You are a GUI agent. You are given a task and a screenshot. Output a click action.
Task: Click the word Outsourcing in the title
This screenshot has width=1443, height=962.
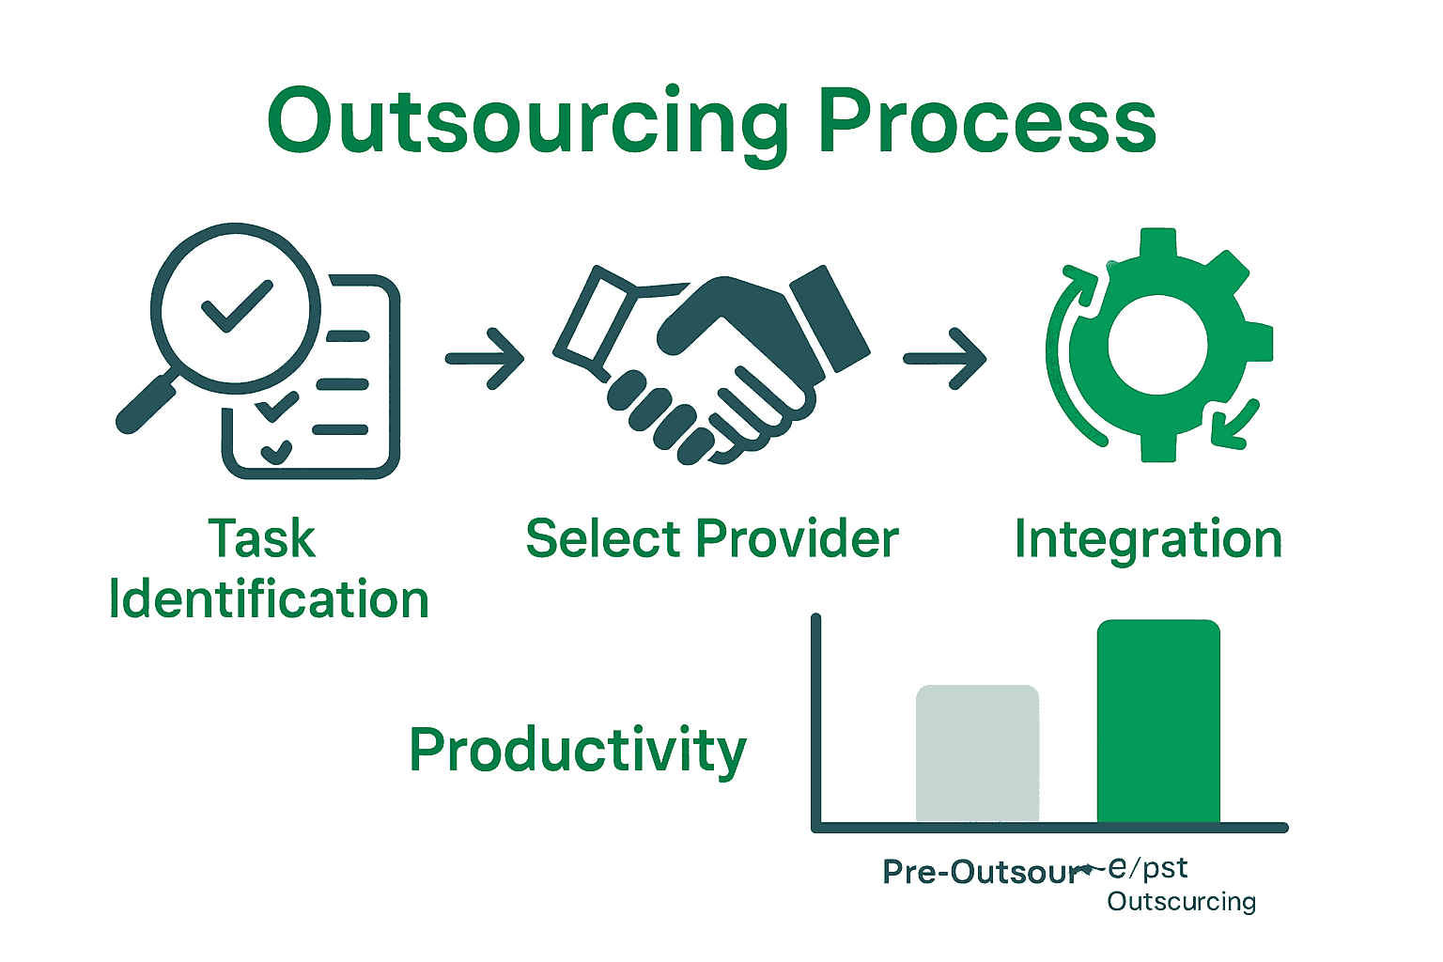pos(528,122)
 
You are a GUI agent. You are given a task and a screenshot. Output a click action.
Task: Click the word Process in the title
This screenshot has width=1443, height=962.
pos(986,122)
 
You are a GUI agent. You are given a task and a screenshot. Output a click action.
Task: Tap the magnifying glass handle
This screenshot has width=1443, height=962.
pos(146,402)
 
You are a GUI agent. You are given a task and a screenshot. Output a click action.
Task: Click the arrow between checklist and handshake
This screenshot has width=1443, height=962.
pos(484,358)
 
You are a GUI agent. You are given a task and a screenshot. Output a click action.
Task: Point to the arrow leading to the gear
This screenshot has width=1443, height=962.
pos(944,358)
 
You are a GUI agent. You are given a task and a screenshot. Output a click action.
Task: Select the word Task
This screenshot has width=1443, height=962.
pos(261,539)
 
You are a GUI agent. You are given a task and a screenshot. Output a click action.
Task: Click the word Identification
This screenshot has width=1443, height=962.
pos(269,599)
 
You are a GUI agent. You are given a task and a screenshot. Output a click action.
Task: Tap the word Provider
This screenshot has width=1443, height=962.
pos(797,539)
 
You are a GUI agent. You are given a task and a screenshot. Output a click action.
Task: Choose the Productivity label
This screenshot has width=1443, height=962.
pos(577,751)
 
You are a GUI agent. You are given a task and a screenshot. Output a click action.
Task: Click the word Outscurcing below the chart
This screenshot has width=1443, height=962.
pos(1181,902)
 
